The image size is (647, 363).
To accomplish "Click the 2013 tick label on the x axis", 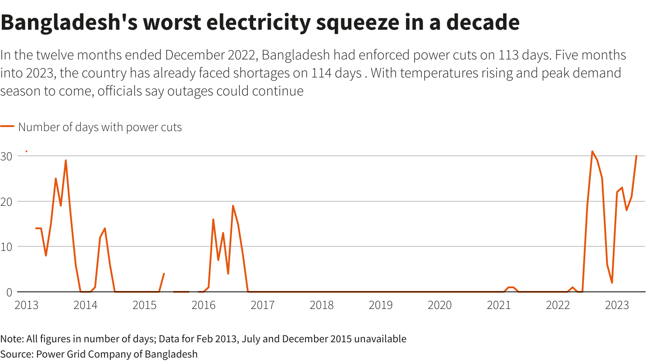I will pos(26,305).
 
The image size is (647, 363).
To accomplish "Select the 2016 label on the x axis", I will pos(203,305).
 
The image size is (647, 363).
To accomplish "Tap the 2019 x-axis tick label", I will pos(380,305).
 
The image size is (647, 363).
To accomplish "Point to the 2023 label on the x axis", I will pos(617,305).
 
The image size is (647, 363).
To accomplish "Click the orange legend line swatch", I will pos(7,127).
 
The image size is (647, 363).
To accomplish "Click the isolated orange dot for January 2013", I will pos(27,151).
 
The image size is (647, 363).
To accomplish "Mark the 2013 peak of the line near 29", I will pos(66,160).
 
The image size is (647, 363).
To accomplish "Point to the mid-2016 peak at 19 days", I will pos(233,206).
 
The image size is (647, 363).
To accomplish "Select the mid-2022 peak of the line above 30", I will pos(592,151).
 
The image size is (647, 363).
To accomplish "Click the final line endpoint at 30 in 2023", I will pos(636,156).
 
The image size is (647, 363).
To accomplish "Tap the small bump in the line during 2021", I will pos(511,287).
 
